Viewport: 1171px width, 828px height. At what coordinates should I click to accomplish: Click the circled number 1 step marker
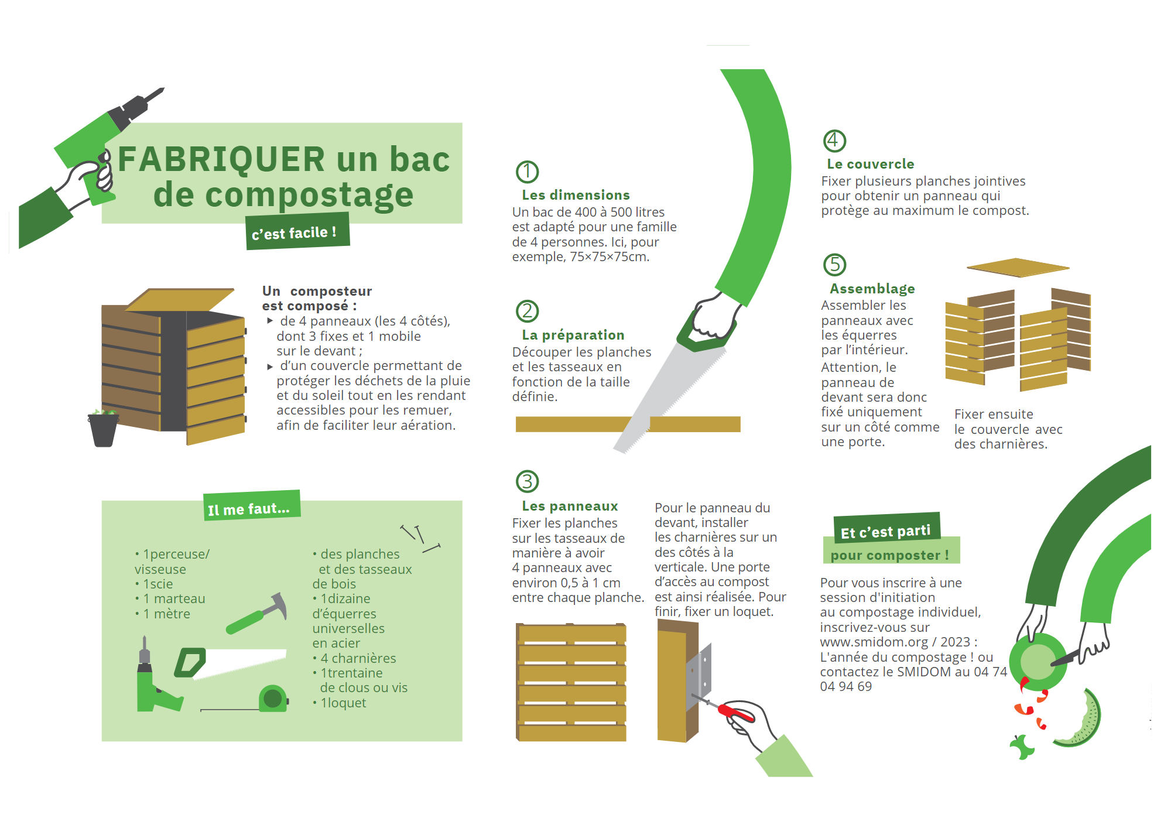point(527,172)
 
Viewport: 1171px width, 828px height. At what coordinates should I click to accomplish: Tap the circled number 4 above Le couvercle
point(834,141)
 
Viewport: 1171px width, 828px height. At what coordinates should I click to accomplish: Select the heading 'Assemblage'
point(872,289)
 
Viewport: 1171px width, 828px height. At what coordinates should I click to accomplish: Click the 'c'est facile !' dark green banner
point(297,232)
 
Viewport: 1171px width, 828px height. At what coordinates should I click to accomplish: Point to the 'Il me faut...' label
point(252,505)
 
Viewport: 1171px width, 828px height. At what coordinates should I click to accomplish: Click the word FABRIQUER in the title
point(221,159)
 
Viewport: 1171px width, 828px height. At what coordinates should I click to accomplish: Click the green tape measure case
point(273,698)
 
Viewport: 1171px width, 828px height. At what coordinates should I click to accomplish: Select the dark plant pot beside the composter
point(103,429)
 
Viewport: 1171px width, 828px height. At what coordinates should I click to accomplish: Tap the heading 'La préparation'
point(573,335)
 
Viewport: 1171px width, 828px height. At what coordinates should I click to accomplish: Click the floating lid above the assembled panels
point(1018,268)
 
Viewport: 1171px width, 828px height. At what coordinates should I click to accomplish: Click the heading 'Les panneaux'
point(570,506)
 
